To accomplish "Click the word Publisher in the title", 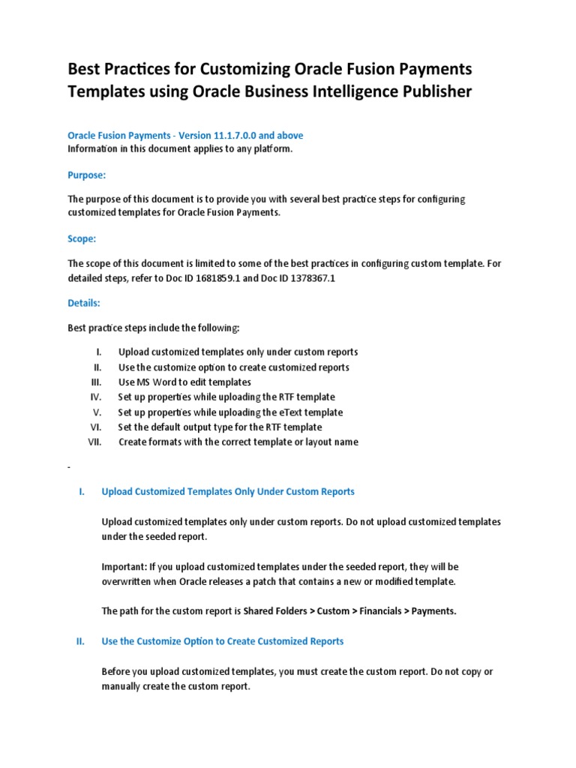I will point(430,91).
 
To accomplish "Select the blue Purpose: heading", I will point(87,175).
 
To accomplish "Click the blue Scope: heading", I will point(82,238).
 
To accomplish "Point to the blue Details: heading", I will point(83,303).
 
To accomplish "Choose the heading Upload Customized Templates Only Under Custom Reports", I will point(228,492).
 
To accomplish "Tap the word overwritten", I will point(129,581).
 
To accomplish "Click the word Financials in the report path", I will point(379,611).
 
